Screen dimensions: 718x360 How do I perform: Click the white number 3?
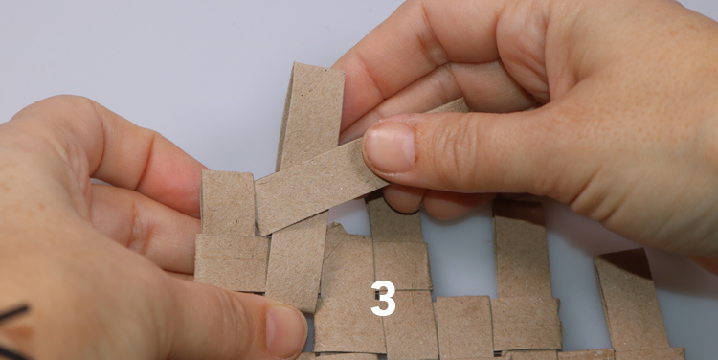[383, 298]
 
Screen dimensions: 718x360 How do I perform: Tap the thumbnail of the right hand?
[389, 147]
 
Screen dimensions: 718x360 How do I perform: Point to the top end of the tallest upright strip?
[318, 68]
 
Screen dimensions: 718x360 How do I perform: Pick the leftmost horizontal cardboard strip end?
[231, 262]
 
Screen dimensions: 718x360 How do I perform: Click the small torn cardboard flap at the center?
[335, 237]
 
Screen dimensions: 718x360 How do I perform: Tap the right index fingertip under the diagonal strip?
[402, 198]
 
